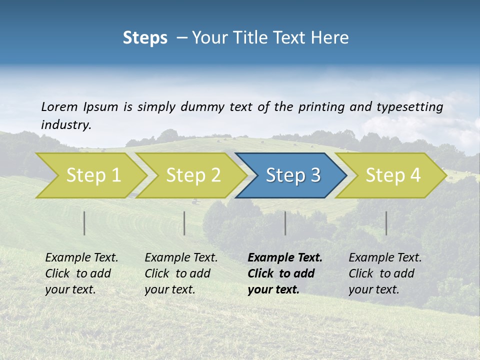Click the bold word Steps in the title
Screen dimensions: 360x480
[x=145, y=38]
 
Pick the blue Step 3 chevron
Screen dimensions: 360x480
[x=293, y=175]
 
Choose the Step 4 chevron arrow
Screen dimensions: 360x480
[x=393, y=175]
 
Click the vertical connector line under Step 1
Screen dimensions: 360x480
[x=84, y=223]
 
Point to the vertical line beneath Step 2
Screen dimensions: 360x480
[x=184, y=223]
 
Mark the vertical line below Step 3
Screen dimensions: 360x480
[x=285, y=223]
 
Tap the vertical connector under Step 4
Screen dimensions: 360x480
[x=386, y=223]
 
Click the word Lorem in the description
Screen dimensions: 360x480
[x=59, y=106]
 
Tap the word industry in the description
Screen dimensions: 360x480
[x=65, y=125]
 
